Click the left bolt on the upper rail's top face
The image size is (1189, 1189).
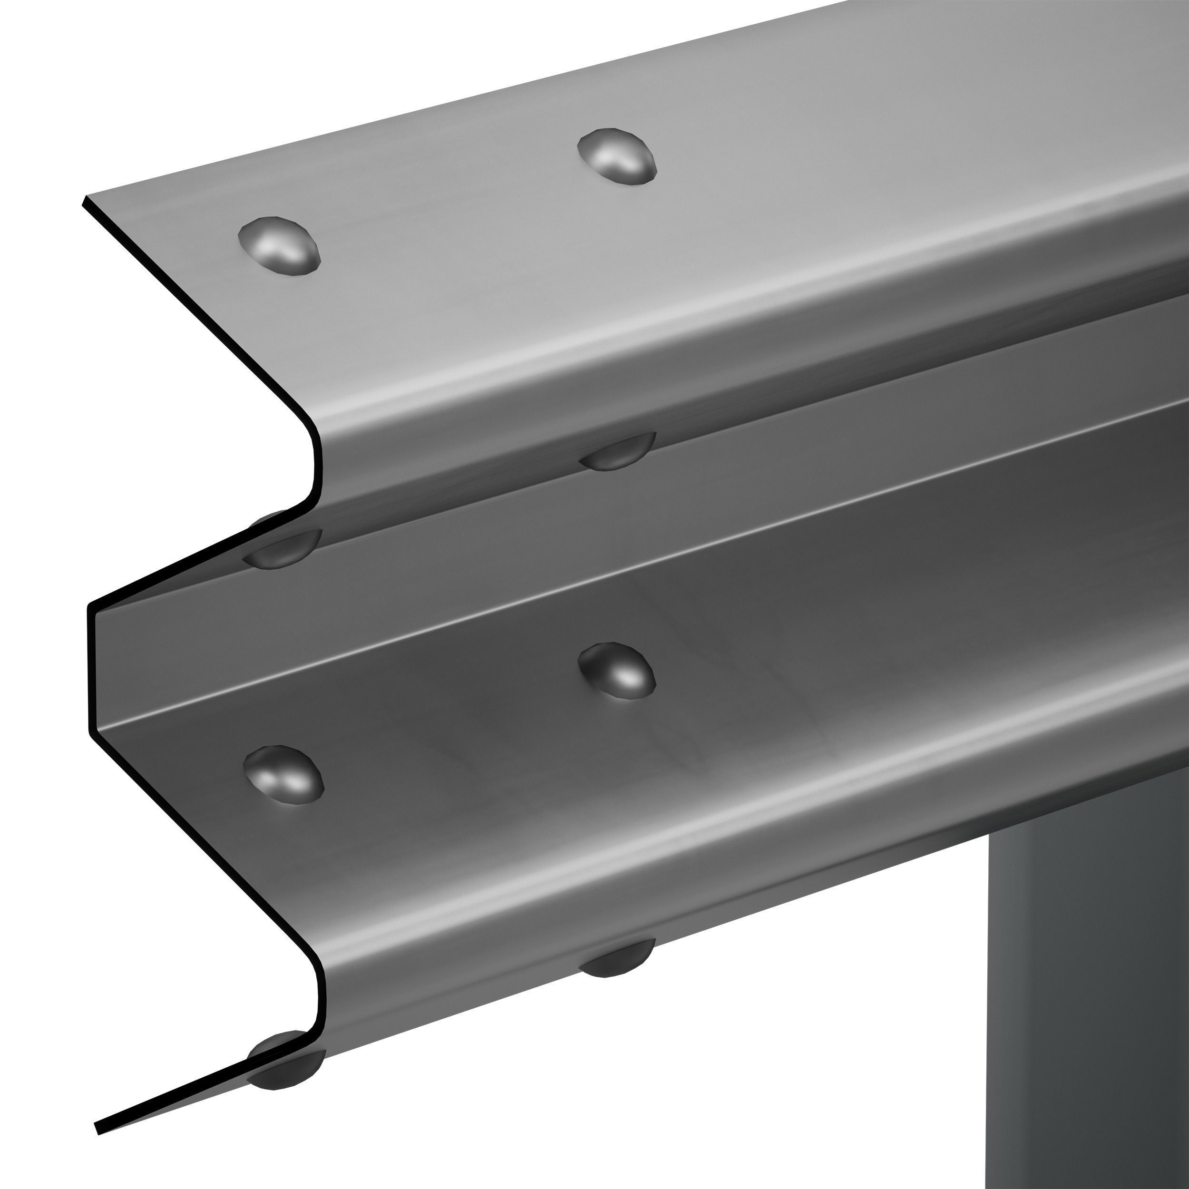point(280,244)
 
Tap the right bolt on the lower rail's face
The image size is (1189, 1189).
point(617,671)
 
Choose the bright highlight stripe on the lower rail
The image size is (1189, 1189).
point(615,874)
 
